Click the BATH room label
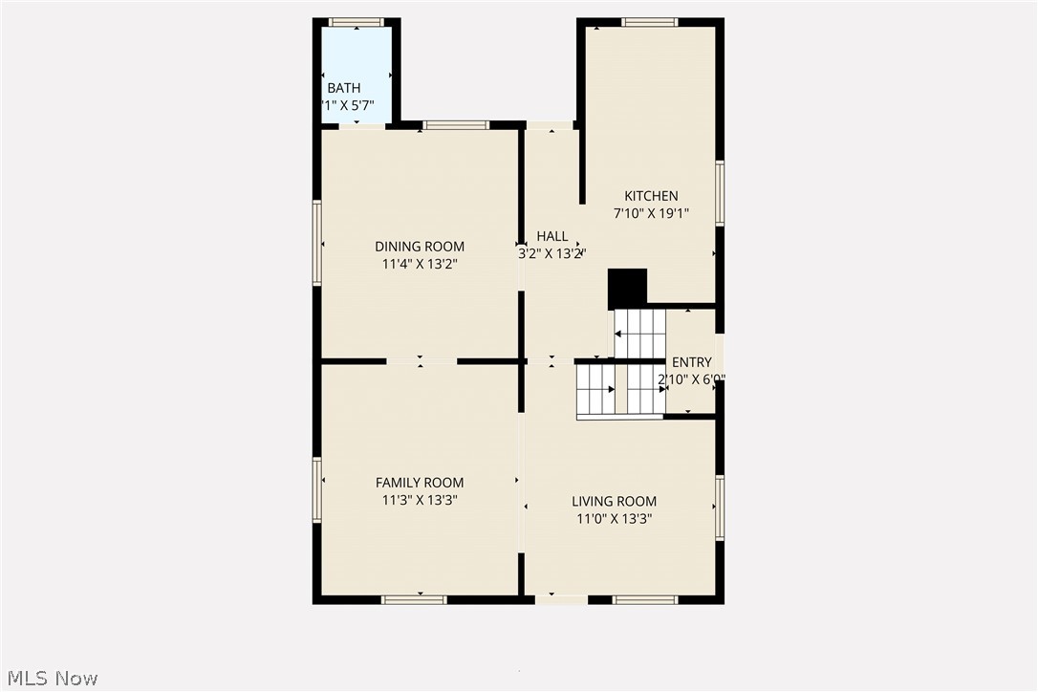tap(344, 89)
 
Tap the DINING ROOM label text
tap(420, 247)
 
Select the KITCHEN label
tap(651, 196)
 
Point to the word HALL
tap(551, 236)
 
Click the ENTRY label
tap(691, 362)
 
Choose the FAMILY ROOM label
tap(420, 483)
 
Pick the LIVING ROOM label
tap(614, 501)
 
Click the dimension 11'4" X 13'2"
tap(420, 264)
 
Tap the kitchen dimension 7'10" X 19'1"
tap(651, 213)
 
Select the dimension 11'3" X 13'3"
tap(420, 500)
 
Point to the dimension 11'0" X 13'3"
tap(614, 519)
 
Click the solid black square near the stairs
tap(627, 289)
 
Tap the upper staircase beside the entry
tap(638, 334)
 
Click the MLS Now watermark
tap(50, 679)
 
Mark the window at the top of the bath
tap(356, 22)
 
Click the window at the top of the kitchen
tap(649, 22)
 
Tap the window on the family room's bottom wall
tap(413, 599)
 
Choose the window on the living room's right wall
tap(720, 507)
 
